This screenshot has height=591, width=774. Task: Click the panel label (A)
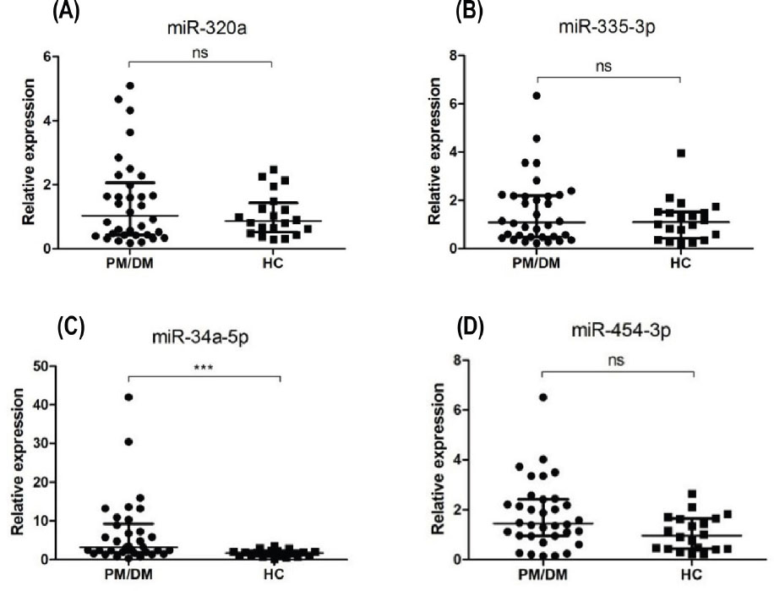[x=68, y=11]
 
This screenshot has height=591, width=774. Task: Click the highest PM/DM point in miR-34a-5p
[x=128, y=397]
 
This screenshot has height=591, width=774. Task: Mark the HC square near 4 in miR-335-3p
[x=680, y=153]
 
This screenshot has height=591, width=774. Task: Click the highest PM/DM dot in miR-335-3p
[x=536, y=96]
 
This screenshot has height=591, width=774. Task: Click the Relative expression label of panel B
[x=437, y=152]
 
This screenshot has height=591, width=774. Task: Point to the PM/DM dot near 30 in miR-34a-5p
[x=129, y=441]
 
